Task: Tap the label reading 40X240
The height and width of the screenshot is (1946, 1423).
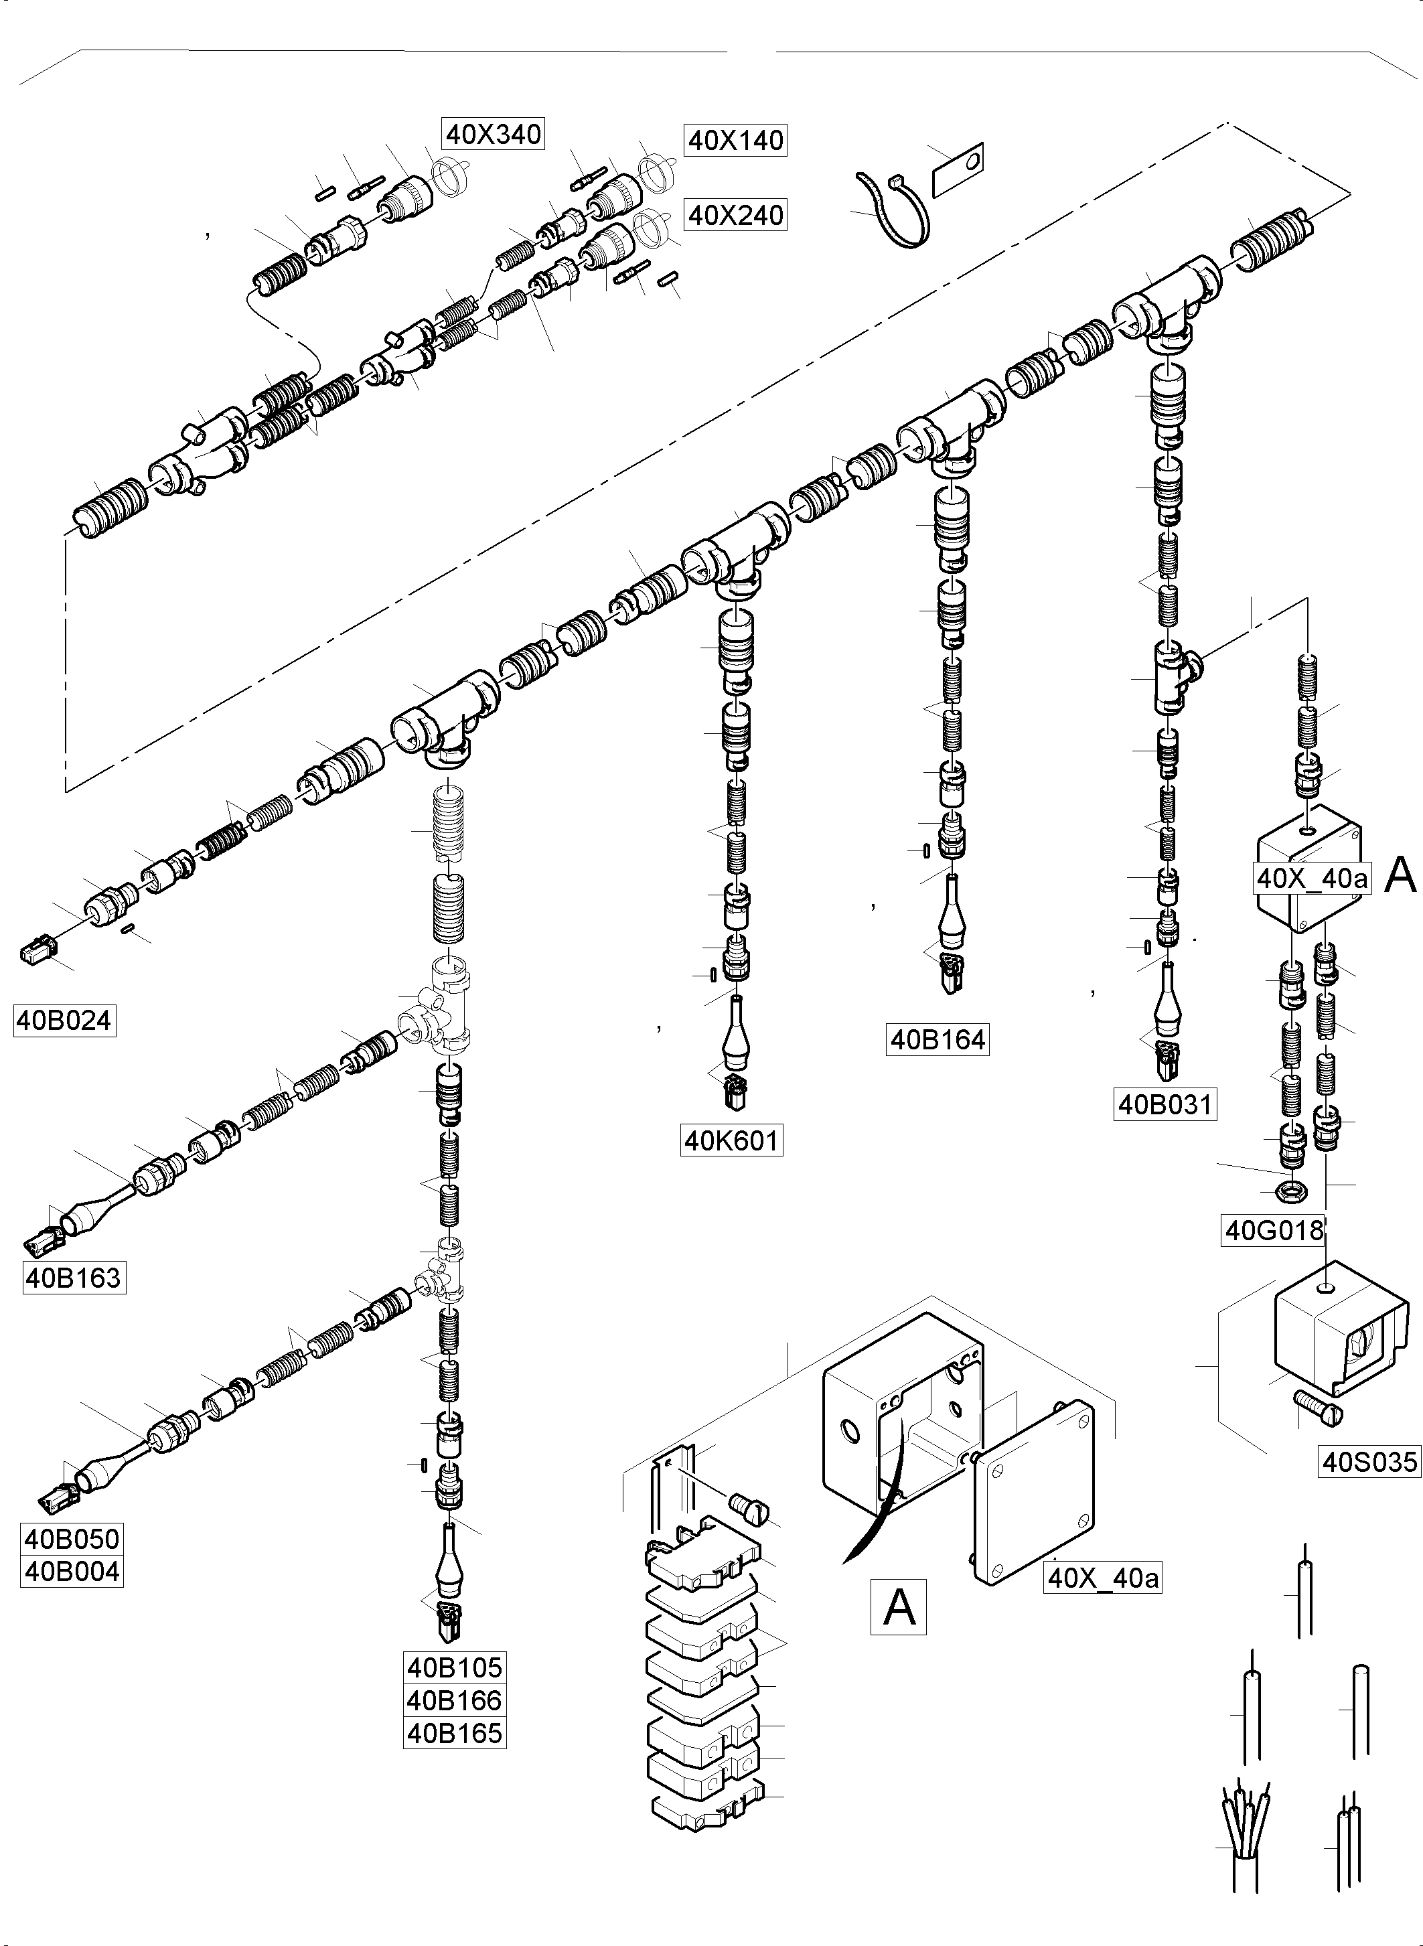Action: click(x=736, y=214)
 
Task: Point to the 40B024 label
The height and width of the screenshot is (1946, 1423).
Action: click(x=64, y=1020)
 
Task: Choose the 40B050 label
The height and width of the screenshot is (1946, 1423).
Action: click(x=72, y=1540)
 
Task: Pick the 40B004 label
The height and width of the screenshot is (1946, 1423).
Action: click(x=72, y=1571)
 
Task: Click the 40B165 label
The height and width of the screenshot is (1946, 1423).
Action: click(x=455, y=1732)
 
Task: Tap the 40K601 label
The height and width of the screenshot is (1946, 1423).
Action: click(x=731, y=1140)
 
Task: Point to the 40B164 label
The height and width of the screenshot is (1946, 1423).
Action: click(x=938, y=1040)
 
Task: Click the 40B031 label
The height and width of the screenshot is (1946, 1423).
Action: click(x=1165, y=1104)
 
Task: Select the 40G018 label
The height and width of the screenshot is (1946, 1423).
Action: click(x=1274, y=1230)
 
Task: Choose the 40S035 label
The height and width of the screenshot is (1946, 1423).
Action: click(x=1369, y=1462)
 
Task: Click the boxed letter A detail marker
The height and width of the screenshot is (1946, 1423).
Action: click(x=899, y=1606)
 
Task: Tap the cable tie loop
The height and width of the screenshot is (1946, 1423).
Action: click(x=894, y=210)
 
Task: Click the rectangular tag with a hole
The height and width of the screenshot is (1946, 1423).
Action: click(x=958, y=171)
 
